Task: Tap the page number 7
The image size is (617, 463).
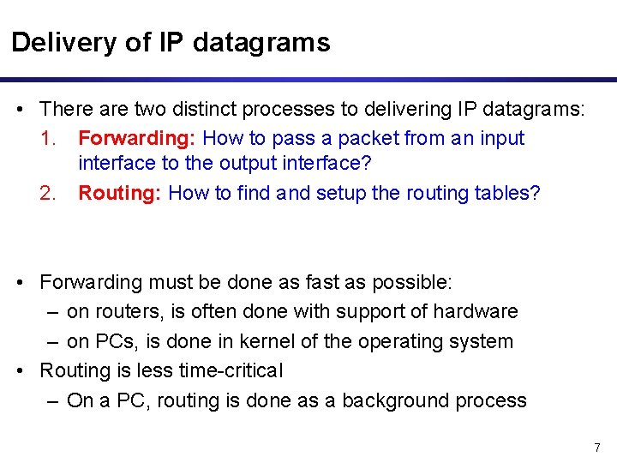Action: point(597,448)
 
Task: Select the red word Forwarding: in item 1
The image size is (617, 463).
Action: point(137,138)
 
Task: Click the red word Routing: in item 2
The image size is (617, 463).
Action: point(121,193)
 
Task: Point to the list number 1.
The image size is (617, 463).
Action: point(49,138)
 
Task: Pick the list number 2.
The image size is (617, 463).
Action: point(49,193)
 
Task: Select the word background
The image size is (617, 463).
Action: point(382,400)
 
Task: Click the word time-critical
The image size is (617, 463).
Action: point(230,370)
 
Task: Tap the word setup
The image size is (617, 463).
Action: point(342,193)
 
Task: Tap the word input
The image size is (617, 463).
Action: point(503,138)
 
